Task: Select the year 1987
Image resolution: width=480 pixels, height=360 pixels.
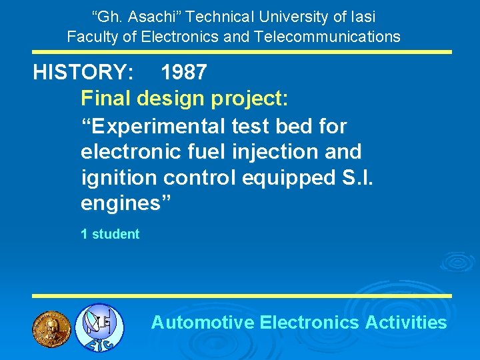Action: (x=183, y=73)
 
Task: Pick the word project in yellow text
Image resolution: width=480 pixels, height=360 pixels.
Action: (x=247, y=99)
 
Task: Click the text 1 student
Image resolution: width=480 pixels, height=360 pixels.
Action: (x=110, y=234)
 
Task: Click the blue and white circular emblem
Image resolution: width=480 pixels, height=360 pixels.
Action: (x=99, y=327)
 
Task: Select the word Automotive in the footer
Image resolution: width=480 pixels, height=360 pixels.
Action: (x=203, y=323)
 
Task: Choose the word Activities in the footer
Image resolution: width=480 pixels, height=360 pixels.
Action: (x=406, y=323)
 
